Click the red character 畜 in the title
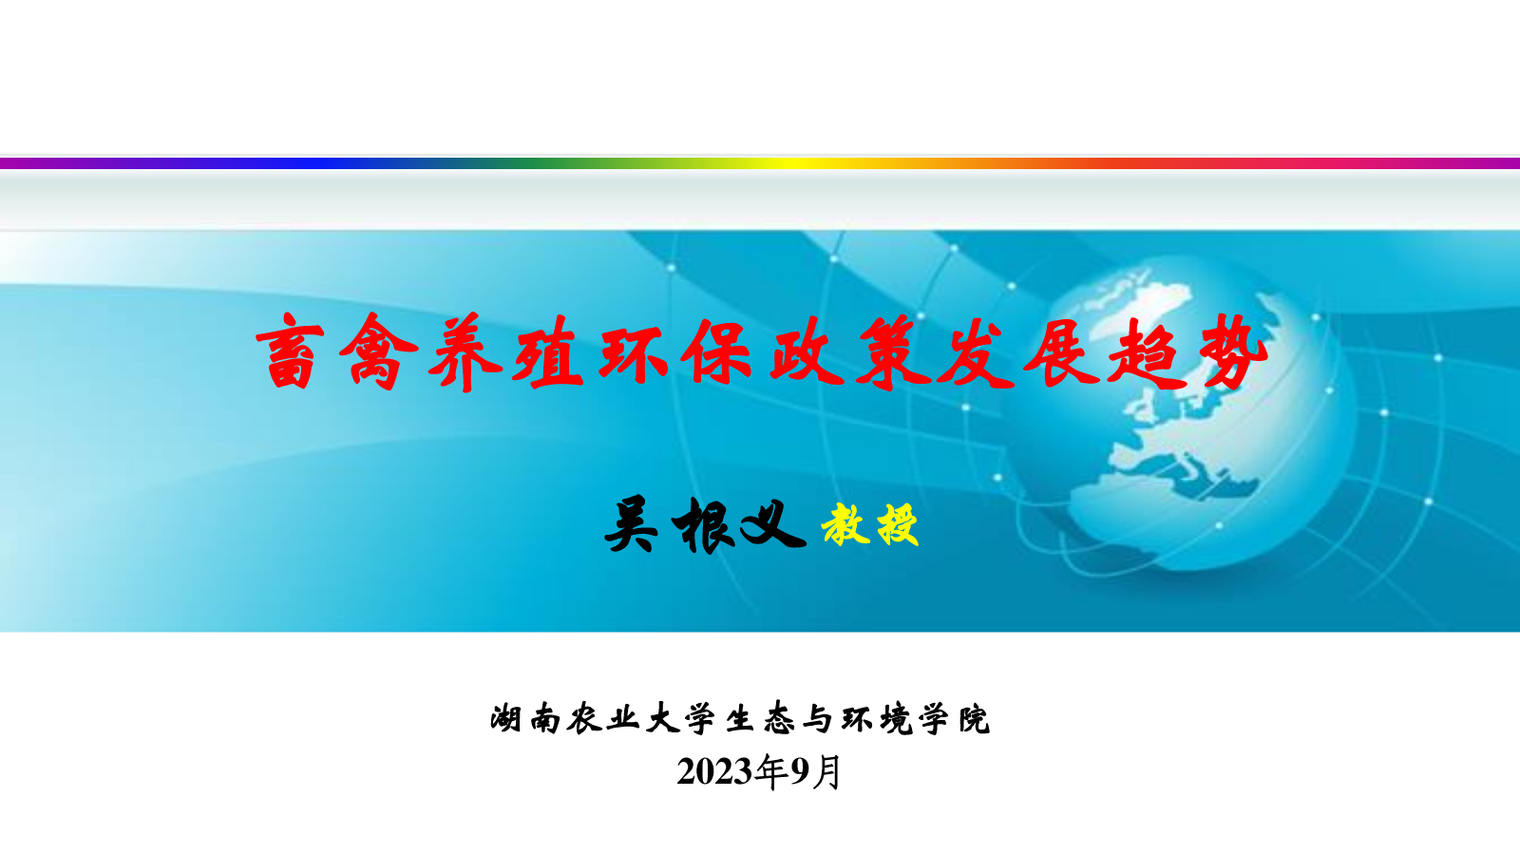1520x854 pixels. [x=290, y=351]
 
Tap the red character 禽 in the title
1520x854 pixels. [x=379, y=351]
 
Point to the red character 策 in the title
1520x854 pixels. [x=892, y=351]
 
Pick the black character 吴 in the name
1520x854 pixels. [x=631, y=524]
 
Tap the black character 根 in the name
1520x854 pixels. [x=703, y=524]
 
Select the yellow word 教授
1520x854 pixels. [x=870, y=524]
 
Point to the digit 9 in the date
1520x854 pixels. [x=801, y=772]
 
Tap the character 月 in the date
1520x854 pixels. [x=826, y=772]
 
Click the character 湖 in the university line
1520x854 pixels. [x=505, y=718]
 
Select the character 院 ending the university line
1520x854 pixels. [x=975, y=718]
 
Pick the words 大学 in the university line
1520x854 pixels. [x=681, y=718]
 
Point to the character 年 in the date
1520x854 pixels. [x=772, y=772]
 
